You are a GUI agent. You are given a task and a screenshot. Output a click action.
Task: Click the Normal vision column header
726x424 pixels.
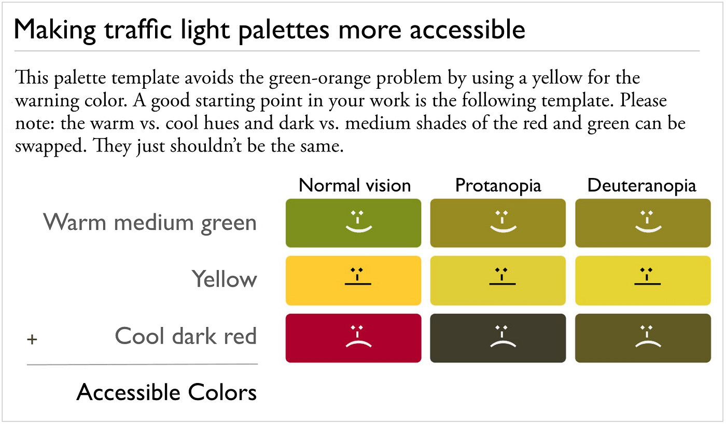pos(355,185)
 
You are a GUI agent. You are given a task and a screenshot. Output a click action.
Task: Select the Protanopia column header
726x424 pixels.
pos(498,185)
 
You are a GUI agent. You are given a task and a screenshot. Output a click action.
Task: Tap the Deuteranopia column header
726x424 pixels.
pos(642,185)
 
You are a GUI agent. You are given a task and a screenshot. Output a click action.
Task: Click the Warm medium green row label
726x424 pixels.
pos(150,223)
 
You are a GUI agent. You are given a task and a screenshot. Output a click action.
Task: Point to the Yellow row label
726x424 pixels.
pos(225,279)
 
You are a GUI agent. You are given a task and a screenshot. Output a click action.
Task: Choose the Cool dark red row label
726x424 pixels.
pos(186,336)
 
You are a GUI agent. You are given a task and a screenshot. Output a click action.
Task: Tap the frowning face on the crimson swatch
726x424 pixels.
pos(358,336)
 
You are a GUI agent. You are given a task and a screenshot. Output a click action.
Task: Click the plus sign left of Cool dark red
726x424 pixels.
pos(32,340)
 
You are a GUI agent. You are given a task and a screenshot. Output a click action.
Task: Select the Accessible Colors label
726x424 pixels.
pos(166,392)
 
